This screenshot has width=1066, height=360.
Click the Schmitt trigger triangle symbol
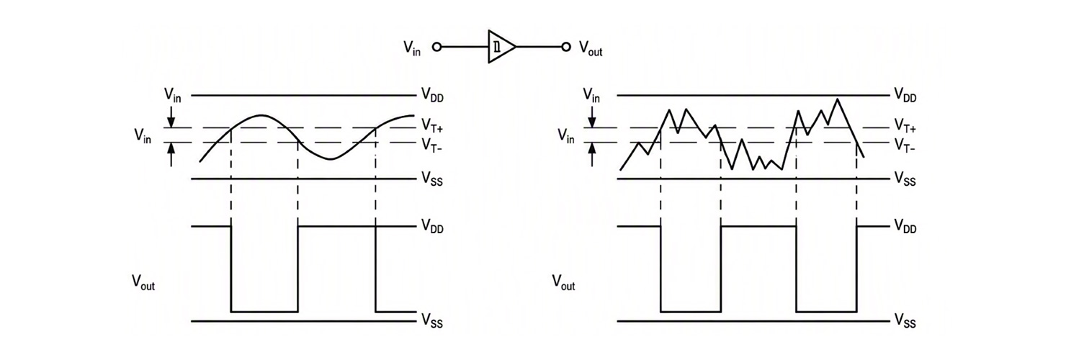coord(501,47)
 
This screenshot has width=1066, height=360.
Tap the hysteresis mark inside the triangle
coord(496,47)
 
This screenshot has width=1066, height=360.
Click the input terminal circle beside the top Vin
coord(437,47)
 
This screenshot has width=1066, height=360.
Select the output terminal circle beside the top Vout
coord(566,47)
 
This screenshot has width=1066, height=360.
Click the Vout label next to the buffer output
coord(591,48)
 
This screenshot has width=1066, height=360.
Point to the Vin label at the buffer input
coord(412,48)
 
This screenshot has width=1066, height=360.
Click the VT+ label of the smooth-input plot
coord(432,126)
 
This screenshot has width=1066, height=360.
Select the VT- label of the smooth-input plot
coord(431,145)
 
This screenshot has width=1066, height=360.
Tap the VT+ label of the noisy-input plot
coord(905,126)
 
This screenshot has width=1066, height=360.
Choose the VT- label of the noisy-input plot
coord(905,145)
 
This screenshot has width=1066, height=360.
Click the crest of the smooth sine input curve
coord(260,115)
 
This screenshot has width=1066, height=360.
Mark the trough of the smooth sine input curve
coord(331,158)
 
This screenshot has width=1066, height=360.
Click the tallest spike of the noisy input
coord(837,99)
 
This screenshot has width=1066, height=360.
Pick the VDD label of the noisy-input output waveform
coord(905,226)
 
